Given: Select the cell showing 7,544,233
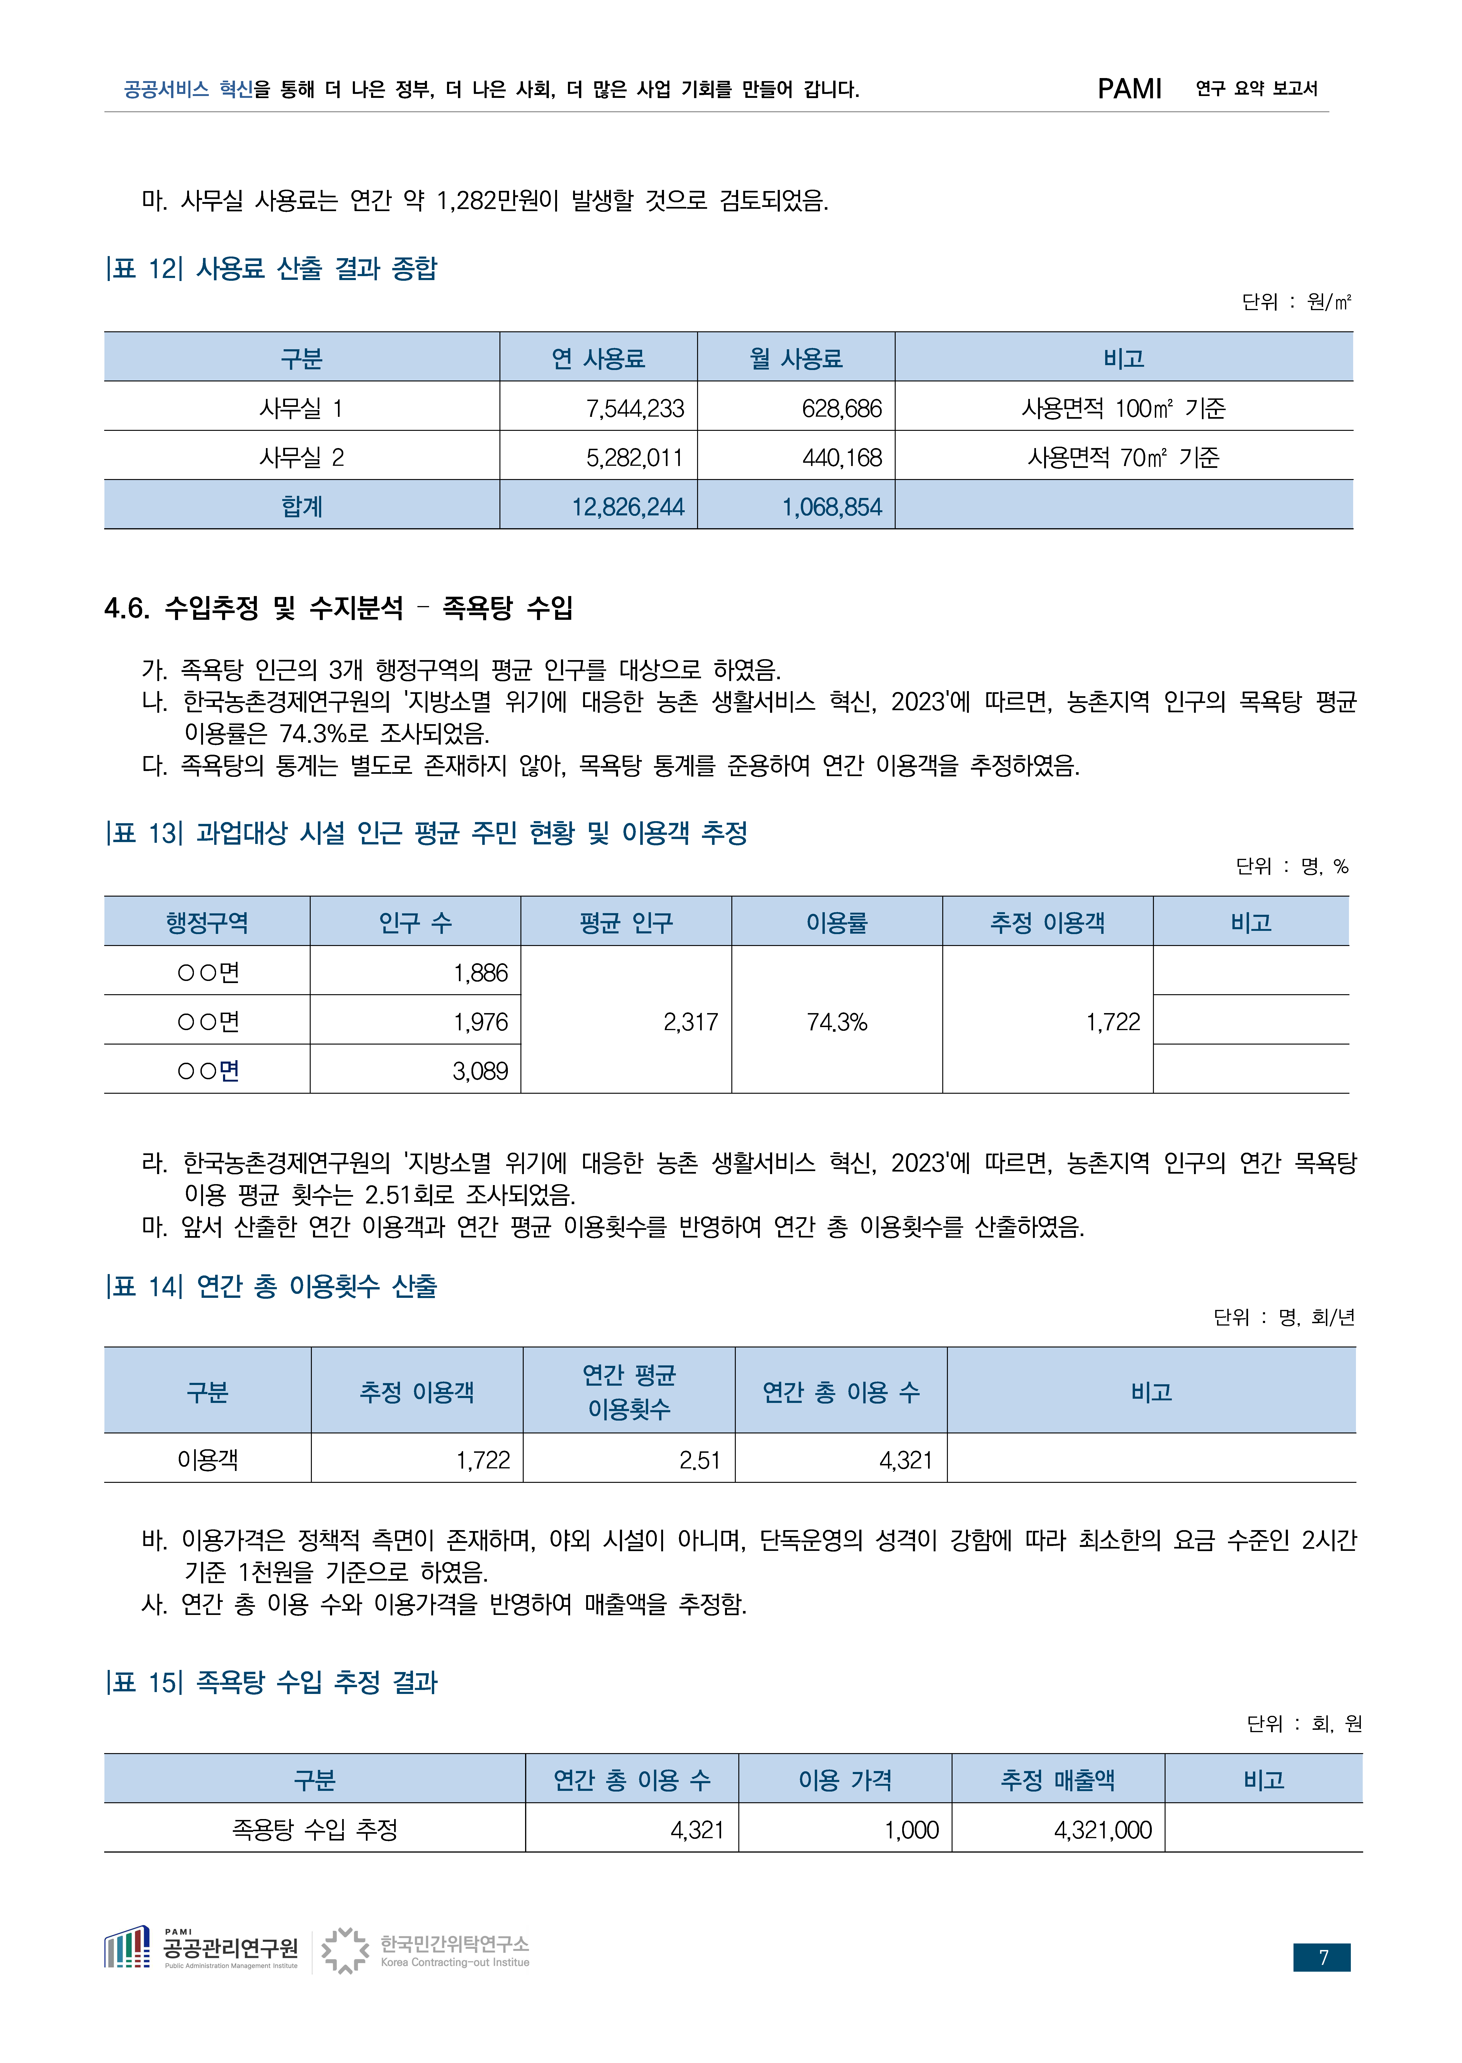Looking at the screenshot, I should click(x=635, y=409).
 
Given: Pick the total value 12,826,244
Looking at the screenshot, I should click(x=627, y=507).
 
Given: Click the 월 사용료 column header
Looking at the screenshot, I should click(x=796, y=358).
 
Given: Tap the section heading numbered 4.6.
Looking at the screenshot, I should click(x=338, y=608).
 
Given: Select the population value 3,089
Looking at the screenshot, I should click(x=480, y=1070).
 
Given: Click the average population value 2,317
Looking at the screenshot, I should click(x=691, y=1022).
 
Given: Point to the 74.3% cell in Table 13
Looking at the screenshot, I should click(x=836, y=1022).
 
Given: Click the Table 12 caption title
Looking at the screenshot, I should click(x=272, y=268).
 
